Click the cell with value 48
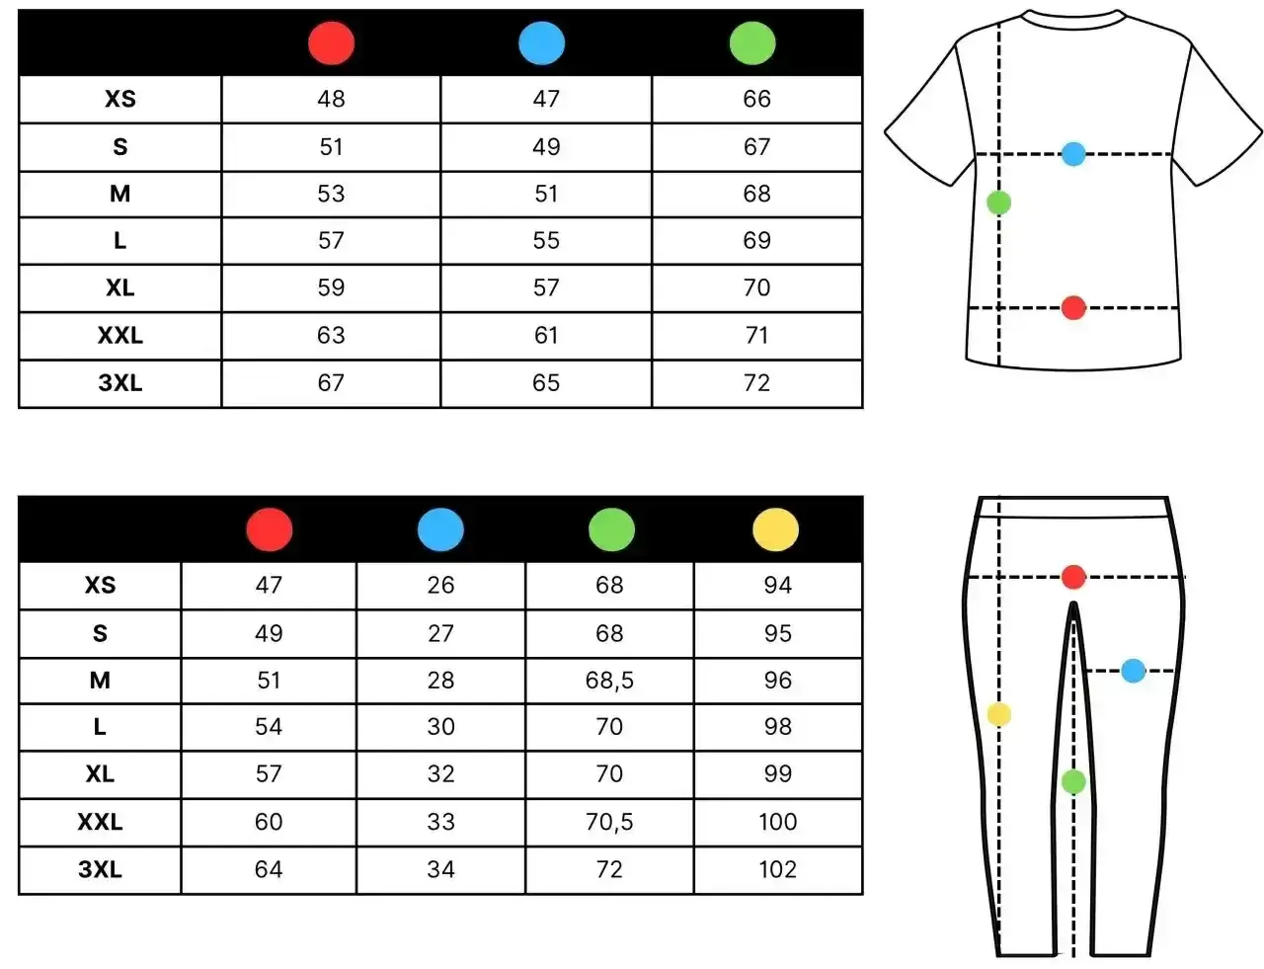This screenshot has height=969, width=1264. (x=331, y=99)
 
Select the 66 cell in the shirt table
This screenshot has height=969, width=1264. (x=756, y=99)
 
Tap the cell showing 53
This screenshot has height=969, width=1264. (x=331, y=194)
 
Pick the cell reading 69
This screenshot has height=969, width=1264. (x=756, y=241)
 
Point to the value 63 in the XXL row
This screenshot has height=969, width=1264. (x=331, y=336)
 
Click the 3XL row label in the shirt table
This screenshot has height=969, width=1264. (x=120, y=383)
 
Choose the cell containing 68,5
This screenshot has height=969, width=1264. (x=609, y=681)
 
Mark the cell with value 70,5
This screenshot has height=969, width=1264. (x=609, y=822)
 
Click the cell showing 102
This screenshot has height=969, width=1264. (x=778, y=869)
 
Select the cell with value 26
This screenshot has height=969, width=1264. (x=440, y=585)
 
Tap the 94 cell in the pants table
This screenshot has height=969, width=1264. (x=778, y=585)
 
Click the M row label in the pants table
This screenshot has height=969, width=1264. (x=100, y=681)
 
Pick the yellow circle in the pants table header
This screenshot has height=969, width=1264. (x=775, y=529)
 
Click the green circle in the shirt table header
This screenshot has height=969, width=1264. (x=752, y=43)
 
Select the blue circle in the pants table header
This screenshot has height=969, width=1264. (x=440, y=529)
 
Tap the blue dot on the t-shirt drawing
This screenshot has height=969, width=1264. (x=1073, y=154)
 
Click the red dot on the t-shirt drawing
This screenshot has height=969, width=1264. (x=1073, y=307)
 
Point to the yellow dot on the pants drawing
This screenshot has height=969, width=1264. (x=998, y=714)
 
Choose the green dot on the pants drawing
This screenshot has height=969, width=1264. (x=1073, y=781)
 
